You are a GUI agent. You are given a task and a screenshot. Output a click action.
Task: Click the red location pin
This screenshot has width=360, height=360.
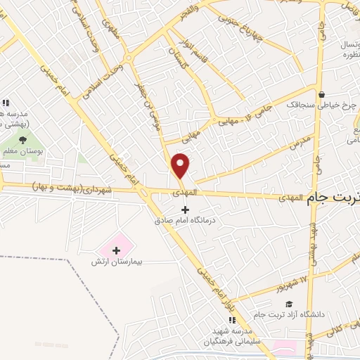tap(181, 166)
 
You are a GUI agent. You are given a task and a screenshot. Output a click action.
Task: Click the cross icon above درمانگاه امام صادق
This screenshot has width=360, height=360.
tap(186, 210)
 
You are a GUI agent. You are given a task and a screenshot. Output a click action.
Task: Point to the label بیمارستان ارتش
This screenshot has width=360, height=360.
tap(117, 261)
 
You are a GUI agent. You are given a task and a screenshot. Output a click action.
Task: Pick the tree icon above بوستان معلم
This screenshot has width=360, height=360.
tap(23, 139)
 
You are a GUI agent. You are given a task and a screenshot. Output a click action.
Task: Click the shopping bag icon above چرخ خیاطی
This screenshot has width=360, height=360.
tap(321, 94)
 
